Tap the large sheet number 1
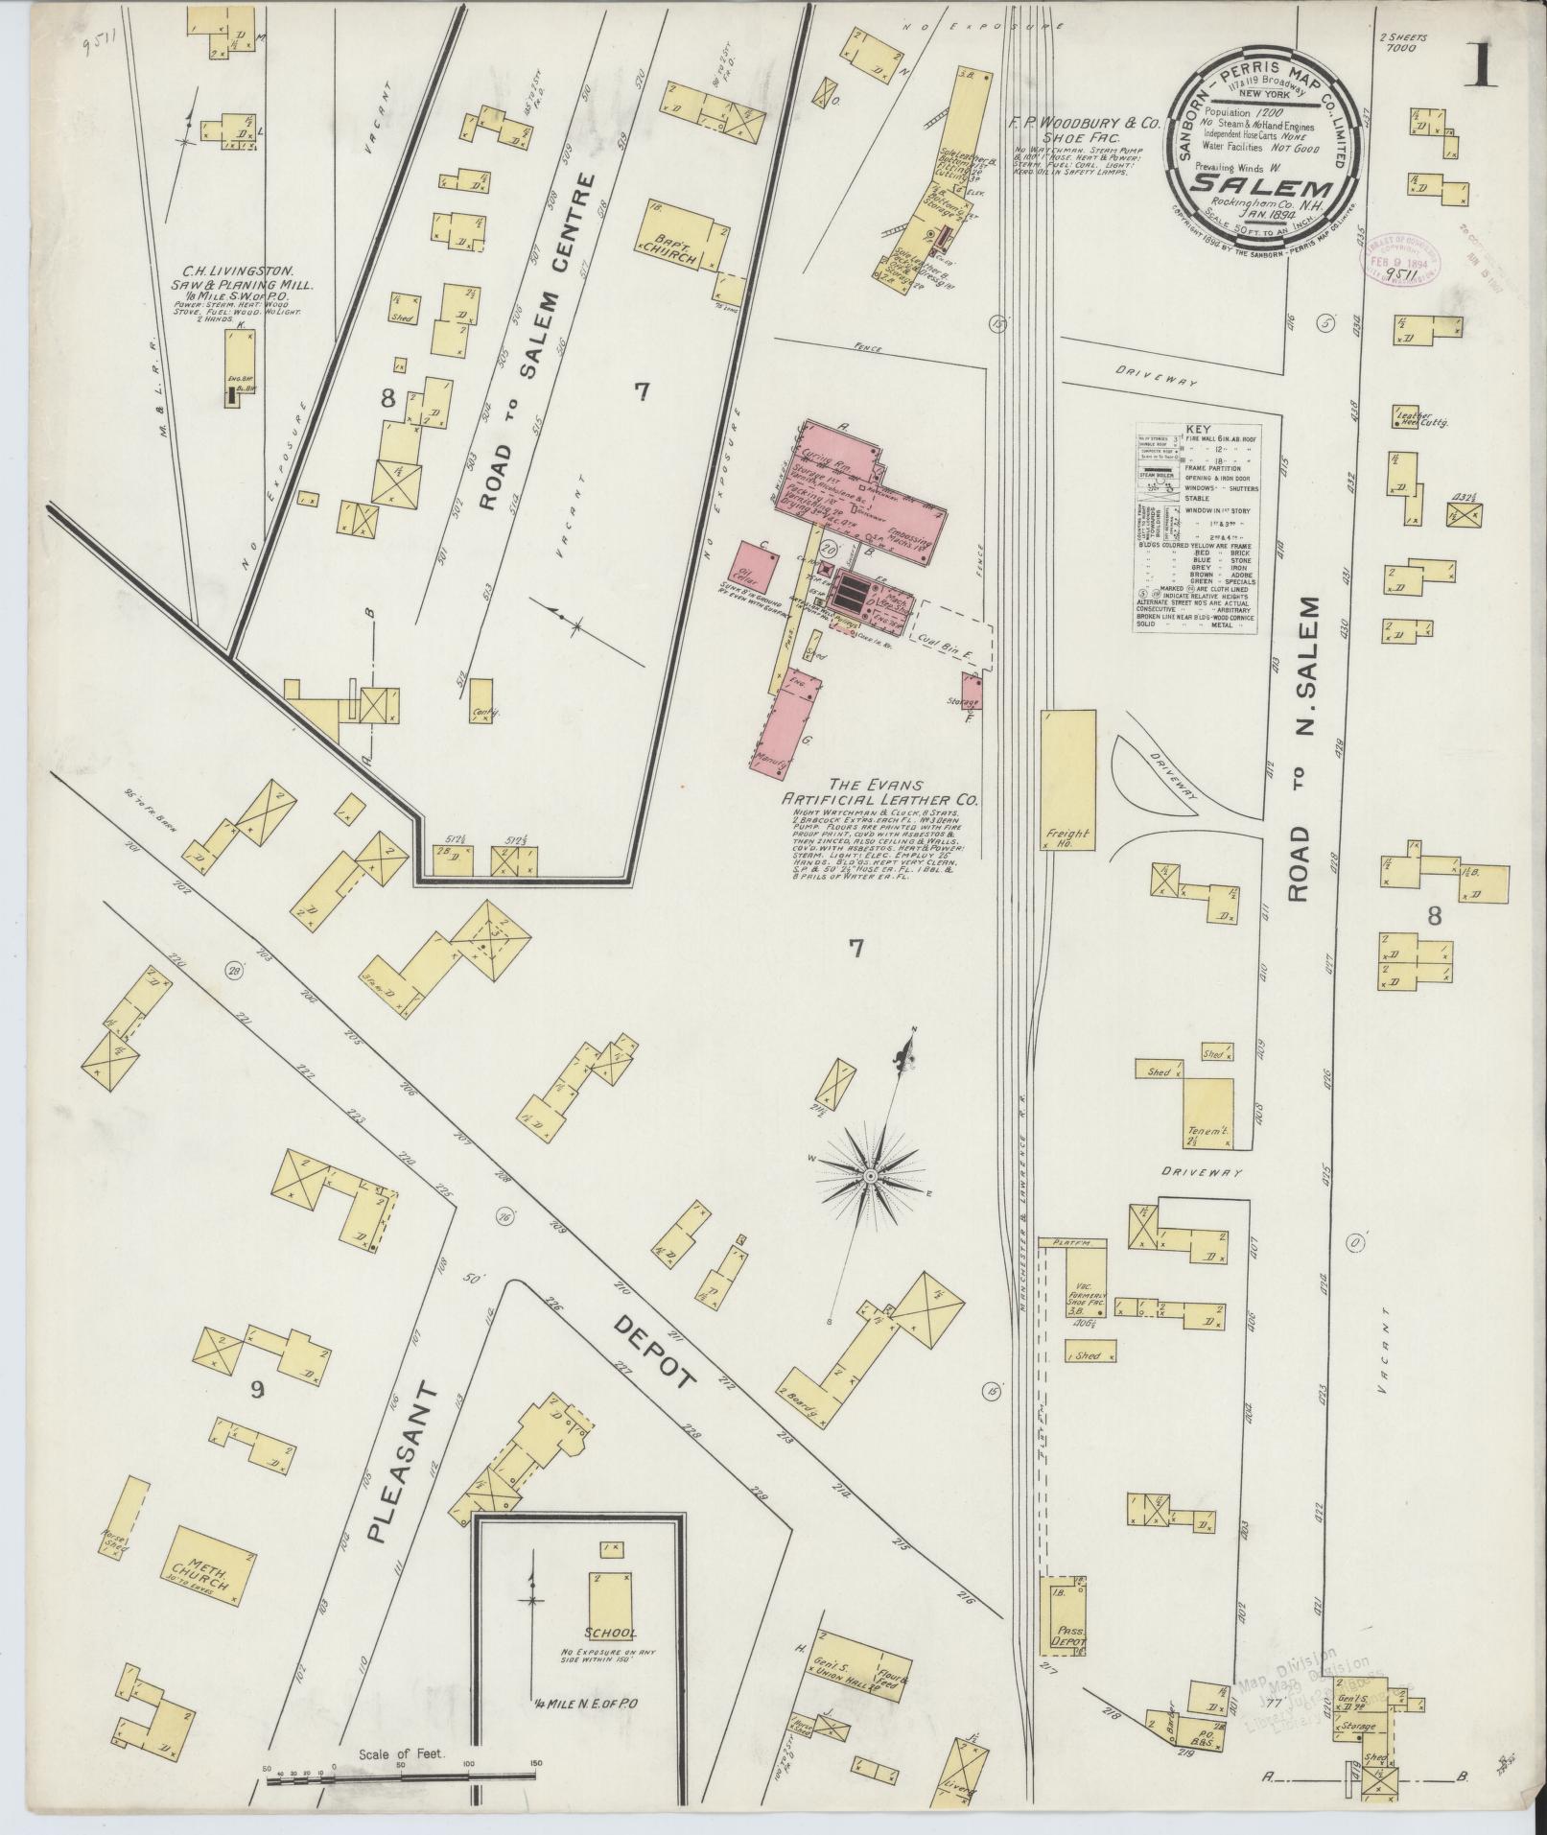[x=1484, y=64]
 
